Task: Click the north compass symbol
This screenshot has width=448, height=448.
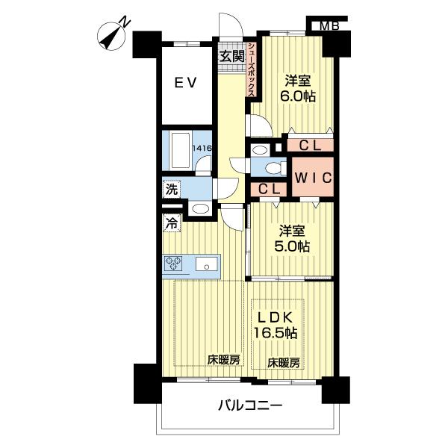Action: [112, 36]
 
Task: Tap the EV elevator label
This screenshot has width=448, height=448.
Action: [186, 83]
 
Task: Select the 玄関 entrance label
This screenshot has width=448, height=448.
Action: [232, 56]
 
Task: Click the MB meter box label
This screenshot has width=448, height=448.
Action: [329, 26]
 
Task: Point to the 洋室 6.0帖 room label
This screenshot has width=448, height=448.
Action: [298, 89]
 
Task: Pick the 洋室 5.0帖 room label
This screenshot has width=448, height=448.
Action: [292, 239]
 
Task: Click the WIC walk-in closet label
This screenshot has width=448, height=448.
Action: [313, 178]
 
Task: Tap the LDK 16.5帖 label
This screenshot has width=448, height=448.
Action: [276, 325]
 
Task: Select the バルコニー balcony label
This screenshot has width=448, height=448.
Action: [250, 405]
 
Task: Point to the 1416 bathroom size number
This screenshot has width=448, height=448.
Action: [202, 148]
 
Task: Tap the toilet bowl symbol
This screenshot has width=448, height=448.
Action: [273, 168]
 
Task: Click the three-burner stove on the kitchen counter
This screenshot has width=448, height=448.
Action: [173, 263]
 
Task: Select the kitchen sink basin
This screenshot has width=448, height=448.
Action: [207, 264]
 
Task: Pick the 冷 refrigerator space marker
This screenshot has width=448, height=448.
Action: [172, 223]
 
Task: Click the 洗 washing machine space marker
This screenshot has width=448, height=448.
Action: [172, 189]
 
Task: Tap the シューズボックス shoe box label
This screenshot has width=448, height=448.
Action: [252, 69]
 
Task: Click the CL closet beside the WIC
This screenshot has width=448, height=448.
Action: [269, 189]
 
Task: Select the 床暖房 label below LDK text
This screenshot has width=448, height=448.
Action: [284, 363]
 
